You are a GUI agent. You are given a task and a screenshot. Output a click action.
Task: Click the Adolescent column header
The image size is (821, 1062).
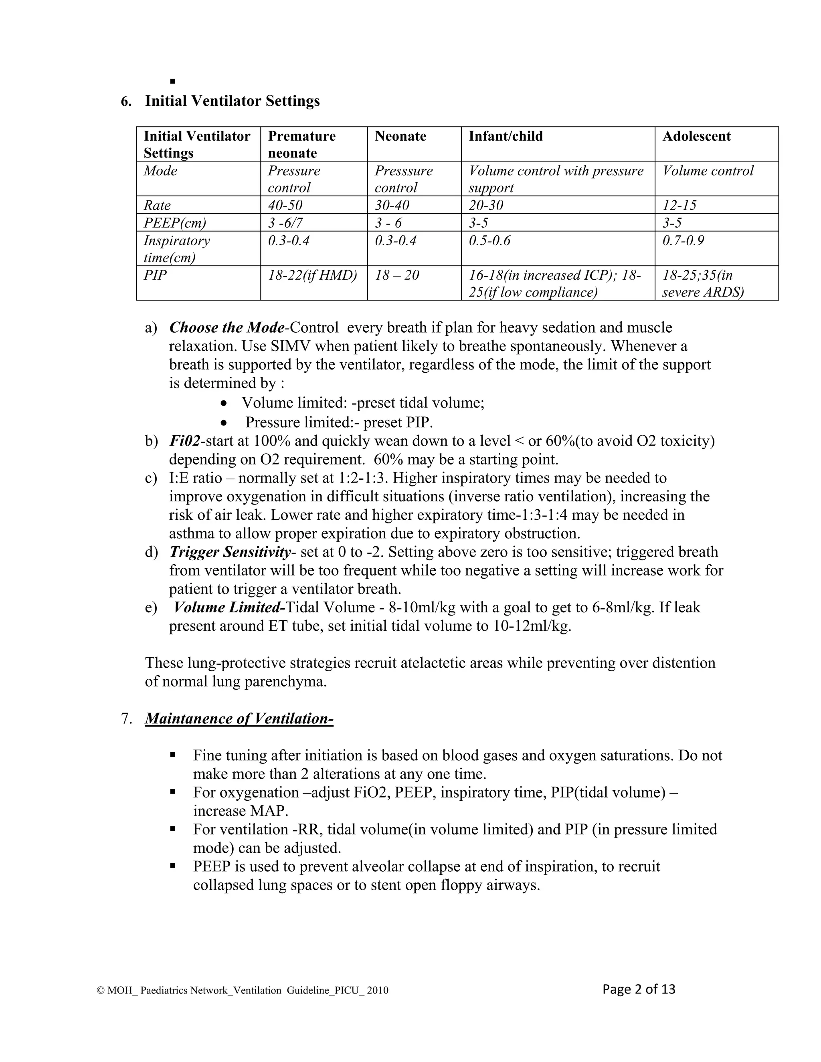696,136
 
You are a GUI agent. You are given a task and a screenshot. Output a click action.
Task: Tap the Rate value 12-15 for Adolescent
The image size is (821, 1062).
679,205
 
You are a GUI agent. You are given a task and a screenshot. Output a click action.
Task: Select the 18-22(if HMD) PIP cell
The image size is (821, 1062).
312,275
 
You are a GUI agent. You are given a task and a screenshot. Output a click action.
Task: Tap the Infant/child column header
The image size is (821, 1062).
506,136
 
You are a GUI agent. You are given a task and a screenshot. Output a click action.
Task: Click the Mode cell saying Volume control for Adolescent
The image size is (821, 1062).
708,171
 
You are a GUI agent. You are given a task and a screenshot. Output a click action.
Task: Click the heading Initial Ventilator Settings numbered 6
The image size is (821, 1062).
232,101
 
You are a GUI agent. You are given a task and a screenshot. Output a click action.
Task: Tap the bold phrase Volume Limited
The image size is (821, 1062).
228,607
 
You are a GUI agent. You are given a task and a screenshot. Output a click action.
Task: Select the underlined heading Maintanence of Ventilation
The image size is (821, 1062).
239,719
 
